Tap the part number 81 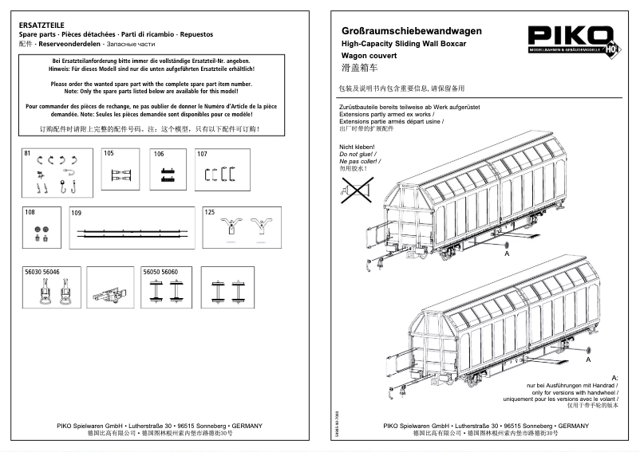[x=28, y=153]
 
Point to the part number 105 [x=109, y=153]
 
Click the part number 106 [x=159, y=153]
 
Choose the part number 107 [x=202, y=153]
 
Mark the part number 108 [x=30, y=213]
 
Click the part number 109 [x=77, y=213]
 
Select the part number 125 [x=211, y=213]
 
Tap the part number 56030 [x=34, y=273]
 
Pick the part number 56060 [x=170, y=273]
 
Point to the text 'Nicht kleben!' [x=358, y=147]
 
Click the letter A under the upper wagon [x=506, y=254]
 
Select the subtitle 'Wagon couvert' [x=366, y=57]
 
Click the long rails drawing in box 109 [x=135, y=234]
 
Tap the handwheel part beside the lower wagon [x=588, y=351]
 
